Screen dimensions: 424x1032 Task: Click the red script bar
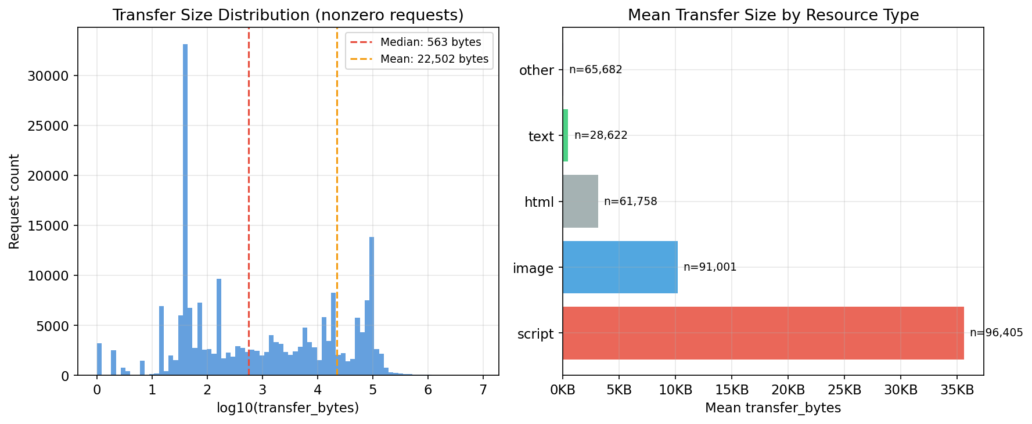coord(763,333)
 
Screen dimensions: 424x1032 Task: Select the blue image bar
coord(620,267)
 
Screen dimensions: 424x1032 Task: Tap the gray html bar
coord(580,202)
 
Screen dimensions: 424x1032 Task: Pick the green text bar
coord(565,135)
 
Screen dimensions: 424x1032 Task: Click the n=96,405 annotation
coord(996,333)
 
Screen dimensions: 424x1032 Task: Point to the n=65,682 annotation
coord(595,70)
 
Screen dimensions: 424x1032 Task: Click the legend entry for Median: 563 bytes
coord(430,42)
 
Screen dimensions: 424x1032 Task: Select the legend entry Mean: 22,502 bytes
coord(434,59)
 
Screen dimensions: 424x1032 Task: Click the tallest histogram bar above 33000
coord(185,209)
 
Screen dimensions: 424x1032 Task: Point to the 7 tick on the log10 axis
coord(483,390)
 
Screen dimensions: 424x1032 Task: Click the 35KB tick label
coord(957,390)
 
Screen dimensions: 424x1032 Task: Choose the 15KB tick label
coord(732,390)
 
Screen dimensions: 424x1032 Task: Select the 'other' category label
coord(536,70)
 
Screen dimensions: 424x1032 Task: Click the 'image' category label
coord(533,268)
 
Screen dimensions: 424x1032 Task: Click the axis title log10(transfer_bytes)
coord(287,408)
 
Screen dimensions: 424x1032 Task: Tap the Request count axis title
coord(15,202)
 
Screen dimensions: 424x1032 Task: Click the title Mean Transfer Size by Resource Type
coord(773,15)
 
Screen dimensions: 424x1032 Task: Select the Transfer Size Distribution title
coord(287,15)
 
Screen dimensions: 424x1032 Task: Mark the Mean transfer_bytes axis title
coord(773,408)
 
